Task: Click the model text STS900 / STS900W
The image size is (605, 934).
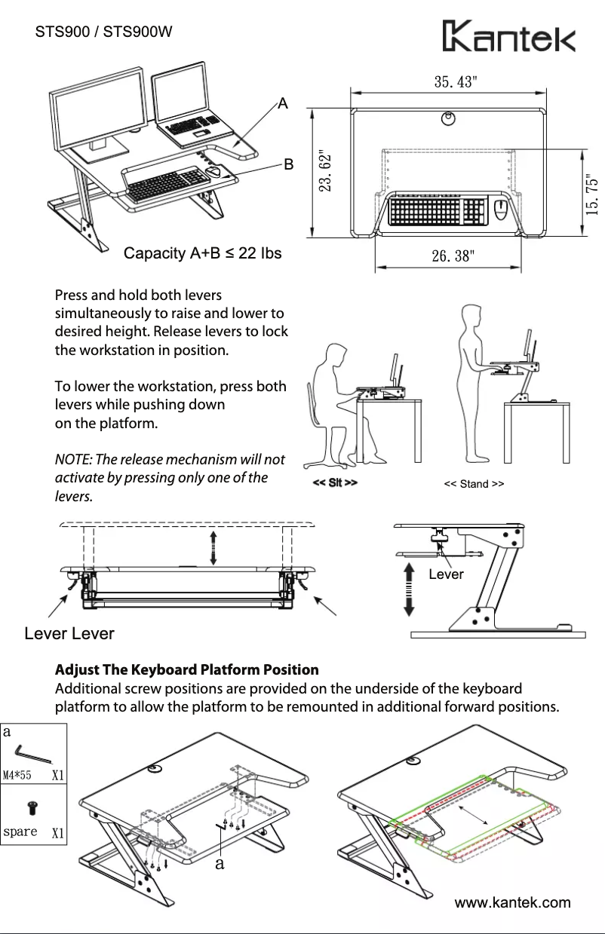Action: click(105, 32)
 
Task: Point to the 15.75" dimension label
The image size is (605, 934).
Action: click(594, 196)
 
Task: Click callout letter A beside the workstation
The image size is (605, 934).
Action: click(283, 103)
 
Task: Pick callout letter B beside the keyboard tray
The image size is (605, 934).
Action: click(287, 164)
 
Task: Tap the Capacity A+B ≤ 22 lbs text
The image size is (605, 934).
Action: click(202, 253)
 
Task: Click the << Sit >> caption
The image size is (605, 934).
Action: click(335, 482)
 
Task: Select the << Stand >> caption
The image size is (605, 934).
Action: click(474, 484)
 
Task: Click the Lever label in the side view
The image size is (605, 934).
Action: click(446, 574)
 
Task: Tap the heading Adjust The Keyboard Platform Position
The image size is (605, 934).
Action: click(187, 670)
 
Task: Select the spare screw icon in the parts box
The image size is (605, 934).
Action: click(33, 808)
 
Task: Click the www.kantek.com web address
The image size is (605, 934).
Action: click(512, 902)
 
